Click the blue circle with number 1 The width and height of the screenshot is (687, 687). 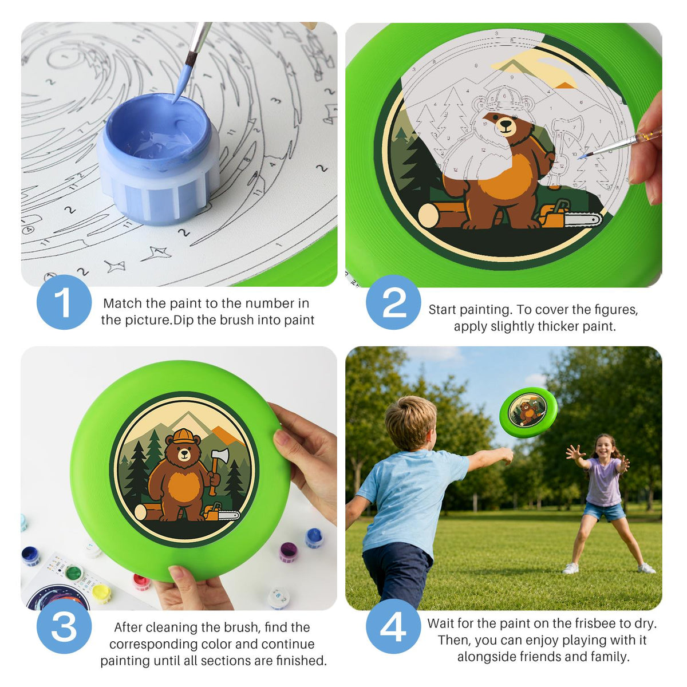point(64,302)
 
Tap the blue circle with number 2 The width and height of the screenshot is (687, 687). point(393,302)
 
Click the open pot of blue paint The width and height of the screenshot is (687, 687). point(158,159)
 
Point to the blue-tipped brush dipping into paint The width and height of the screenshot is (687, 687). point(191,62)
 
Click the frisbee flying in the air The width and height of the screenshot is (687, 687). point(528,412)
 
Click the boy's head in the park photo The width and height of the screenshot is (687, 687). point(411,423)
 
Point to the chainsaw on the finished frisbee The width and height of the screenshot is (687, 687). point(222,512)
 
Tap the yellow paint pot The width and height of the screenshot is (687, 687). point(101,593)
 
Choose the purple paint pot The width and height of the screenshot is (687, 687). point(288,552)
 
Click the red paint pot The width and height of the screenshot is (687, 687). point(141,582)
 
